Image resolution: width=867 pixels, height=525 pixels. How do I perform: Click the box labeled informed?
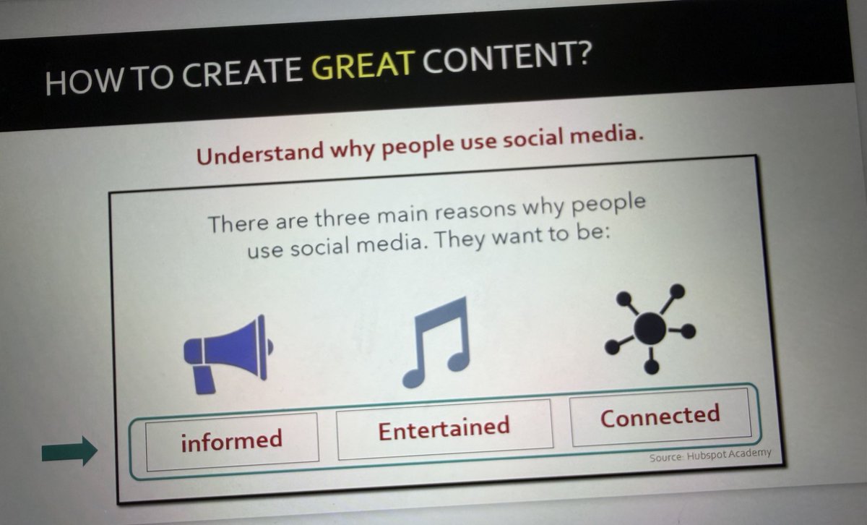pyautogui.click(x=231, y=438)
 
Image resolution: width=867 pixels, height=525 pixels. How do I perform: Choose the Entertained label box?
pyautogui.click(x=444, y=427)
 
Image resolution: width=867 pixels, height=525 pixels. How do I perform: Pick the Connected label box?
pyautogui.click(x=660, y=417)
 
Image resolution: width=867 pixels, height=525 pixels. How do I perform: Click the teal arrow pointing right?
pyautogui.click(x=69, y=451)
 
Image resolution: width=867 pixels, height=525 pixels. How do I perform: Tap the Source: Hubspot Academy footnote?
pyautogui.click(x=709, y=455)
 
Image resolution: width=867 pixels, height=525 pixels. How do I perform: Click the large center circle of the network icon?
pyautogui.click(x=649, y=328)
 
